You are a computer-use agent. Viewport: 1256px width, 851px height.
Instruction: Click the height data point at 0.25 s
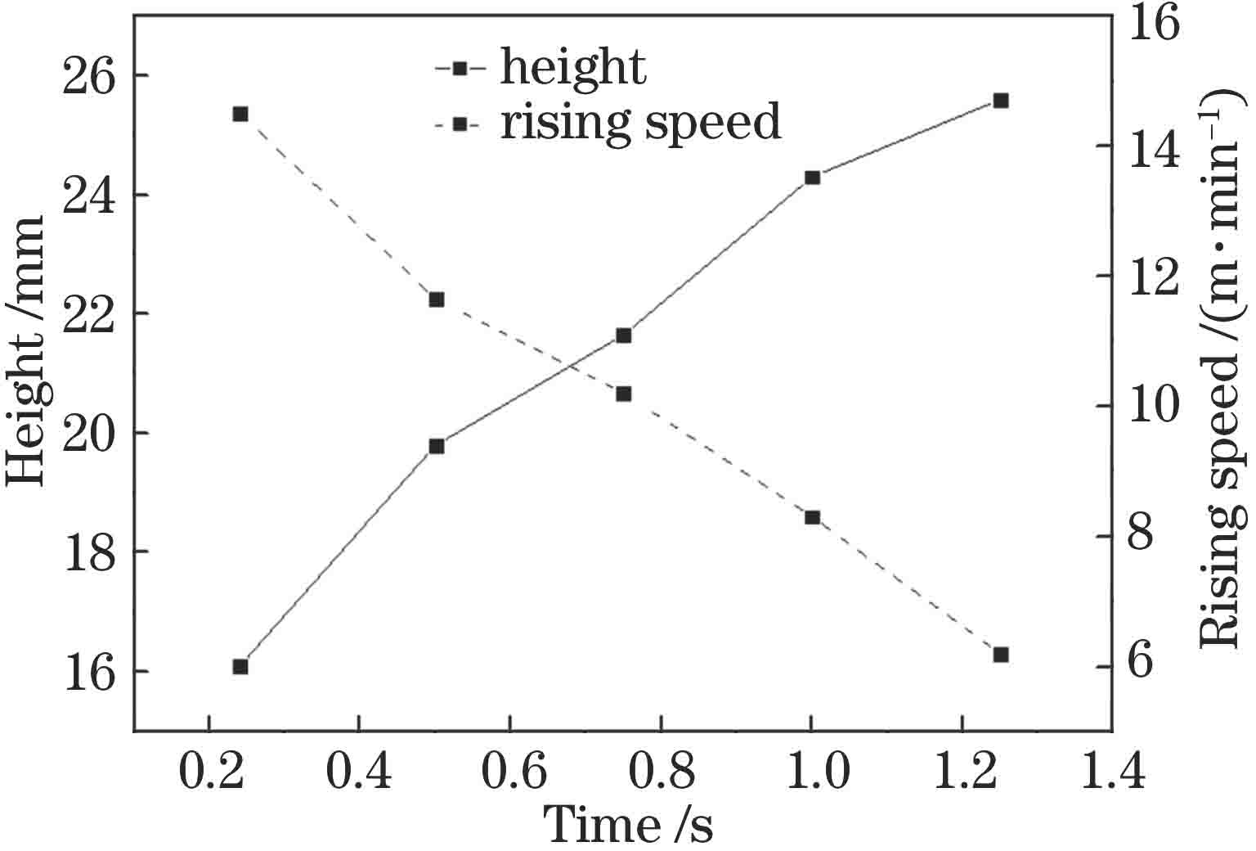[240, 666]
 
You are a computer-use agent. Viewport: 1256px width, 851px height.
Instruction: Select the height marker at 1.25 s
[1001, 101]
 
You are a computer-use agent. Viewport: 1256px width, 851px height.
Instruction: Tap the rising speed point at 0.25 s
[240, 114]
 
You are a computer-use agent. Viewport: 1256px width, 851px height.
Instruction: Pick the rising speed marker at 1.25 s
[1001, 655]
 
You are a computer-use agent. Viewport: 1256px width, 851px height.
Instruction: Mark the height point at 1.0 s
[812, 178]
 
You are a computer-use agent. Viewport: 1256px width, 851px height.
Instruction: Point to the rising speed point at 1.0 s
[812, 517]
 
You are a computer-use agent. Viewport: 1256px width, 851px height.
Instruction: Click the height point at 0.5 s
[437, 446]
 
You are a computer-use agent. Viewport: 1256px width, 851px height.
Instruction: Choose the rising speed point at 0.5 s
[437, 299]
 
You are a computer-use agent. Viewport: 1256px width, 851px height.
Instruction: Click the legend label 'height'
[573, 67]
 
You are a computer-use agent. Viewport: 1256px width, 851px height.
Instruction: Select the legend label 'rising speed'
[640, 123]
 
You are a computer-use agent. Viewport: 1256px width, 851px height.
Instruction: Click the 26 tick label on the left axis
[89, 76]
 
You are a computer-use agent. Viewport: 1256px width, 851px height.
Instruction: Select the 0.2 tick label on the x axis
[210, 772]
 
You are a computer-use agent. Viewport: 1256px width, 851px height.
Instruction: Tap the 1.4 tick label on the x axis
[1110, 772]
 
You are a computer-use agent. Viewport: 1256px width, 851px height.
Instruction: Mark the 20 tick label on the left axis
[89, 434]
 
